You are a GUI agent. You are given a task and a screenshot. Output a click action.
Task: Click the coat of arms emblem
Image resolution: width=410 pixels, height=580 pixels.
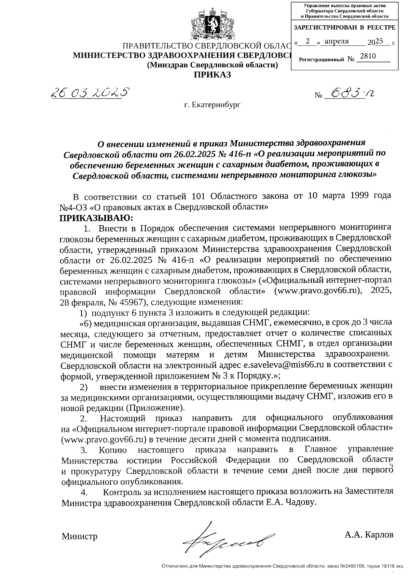(212, 26)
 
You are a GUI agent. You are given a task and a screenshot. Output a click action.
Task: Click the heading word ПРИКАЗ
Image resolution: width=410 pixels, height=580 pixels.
(213, 75)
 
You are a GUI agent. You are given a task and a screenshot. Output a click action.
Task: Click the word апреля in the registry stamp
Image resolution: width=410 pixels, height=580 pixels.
(337, 41)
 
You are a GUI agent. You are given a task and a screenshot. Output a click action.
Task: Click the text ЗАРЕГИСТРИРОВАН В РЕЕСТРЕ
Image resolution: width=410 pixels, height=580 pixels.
(344, 27)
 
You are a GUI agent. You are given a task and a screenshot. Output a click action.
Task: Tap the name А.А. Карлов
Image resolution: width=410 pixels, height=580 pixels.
(369, 534)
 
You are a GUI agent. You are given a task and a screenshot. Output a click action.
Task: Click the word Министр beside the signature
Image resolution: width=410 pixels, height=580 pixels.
(79, 536)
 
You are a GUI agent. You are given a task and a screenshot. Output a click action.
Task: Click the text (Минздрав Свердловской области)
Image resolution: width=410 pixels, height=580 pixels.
(212, 65)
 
